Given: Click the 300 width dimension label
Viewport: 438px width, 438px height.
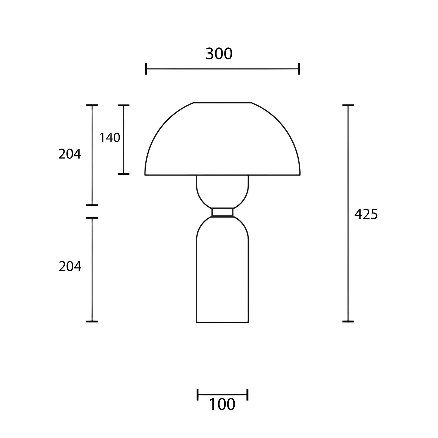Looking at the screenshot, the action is tap(219, 54).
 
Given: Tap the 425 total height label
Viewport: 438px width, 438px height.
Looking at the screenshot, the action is tap(366, 214).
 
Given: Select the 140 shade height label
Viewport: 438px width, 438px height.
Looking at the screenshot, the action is tap(110, 137).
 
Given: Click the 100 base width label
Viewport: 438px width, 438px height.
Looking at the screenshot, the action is tap(222, 404).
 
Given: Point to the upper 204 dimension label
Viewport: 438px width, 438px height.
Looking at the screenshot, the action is tap(70, 154).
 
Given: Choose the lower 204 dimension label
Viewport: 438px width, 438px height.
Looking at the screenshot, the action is tap(70, 266).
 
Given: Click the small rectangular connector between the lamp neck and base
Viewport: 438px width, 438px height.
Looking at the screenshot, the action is tap(222, 212).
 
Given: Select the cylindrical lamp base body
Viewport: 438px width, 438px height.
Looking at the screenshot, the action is tap(222, 270).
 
